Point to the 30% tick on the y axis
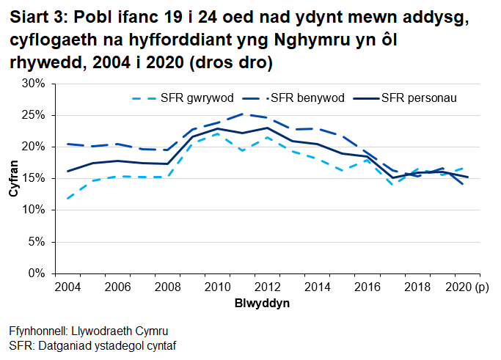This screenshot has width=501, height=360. click(34, 84)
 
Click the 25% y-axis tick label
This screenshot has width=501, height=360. click(34, 116)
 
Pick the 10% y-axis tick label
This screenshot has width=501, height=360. click(34, 210)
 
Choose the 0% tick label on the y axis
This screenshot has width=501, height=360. click(37, 273)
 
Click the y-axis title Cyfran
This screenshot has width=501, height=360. click(12, 179)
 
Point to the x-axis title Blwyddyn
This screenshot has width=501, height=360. click(262, 303)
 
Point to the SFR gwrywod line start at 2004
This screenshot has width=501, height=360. click(67, 198)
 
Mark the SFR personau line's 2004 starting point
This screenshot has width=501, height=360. click(67, 171)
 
